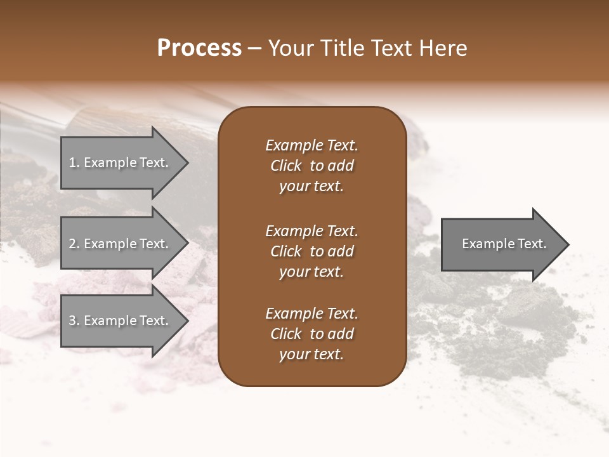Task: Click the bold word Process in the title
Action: (199, 48)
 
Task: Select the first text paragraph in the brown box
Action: (311, 166)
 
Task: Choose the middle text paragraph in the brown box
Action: (311, 251)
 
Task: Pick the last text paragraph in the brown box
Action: (311, 334)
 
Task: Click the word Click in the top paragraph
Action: (286, 166)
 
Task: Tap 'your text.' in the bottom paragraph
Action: (311, 354)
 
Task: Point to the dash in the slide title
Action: (254, 49)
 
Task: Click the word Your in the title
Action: (289, 48)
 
